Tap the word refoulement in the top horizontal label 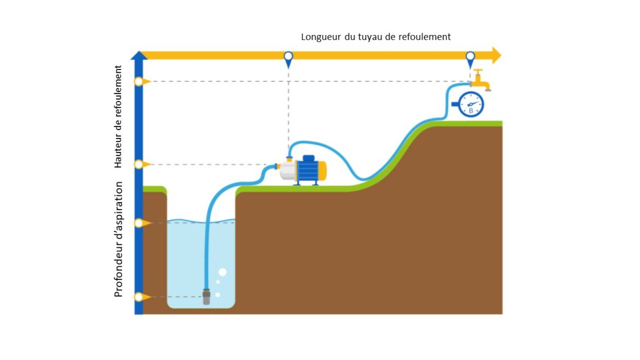(x=424, y=37)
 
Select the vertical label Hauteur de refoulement (x=118, y=117)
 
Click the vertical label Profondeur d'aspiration (x=118, y=239)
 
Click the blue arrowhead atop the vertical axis (x=139, y=55)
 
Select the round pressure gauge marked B (x=470, y=104)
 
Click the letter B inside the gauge (x=470, y=111)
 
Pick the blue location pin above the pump (x=288, y=57)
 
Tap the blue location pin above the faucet (x=470, y=57)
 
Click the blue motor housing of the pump (x=307, y=170)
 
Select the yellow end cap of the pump (x=323, y=170)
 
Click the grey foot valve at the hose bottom (x=206, y=298)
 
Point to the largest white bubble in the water (x=222, y=272)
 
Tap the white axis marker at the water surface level (x=139, y=223)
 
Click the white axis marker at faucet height (x=139, y=82)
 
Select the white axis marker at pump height (x=139, y=164)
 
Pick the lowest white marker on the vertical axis (x=139, y=297)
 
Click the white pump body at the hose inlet (x=287, y=171)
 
